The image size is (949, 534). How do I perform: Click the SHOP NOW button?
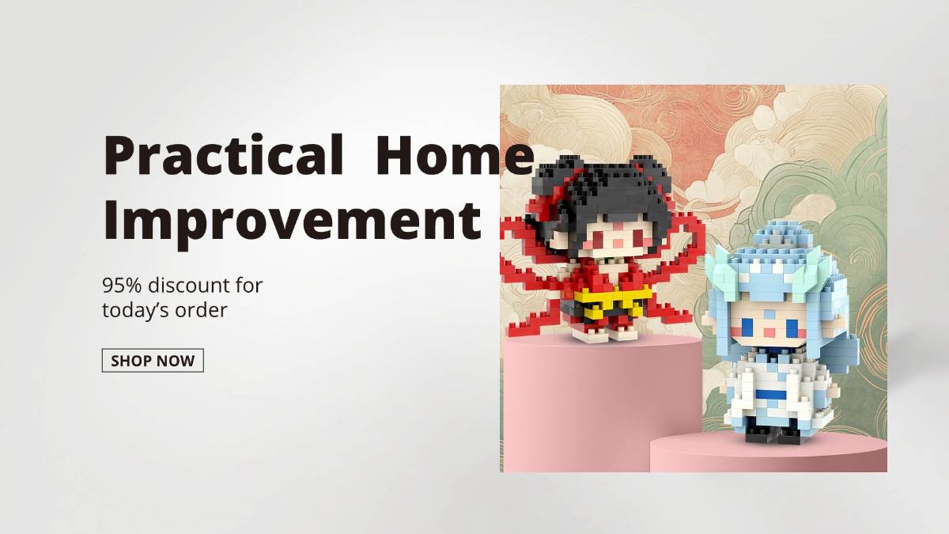pos(153,360)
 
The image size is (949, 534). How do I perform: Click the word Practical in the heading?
pos(223,155)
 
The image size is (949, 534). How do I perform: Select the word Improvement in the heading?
pos(292,222)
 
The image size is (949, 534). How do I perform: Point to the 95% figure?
pos(122,286)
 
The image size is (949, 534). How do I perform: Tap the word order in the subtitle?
pos(201,310)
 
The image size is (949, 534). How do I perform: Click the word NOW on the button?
pos(177,361)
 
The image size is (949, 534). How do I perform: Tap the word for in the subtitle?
pos(250,286)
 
